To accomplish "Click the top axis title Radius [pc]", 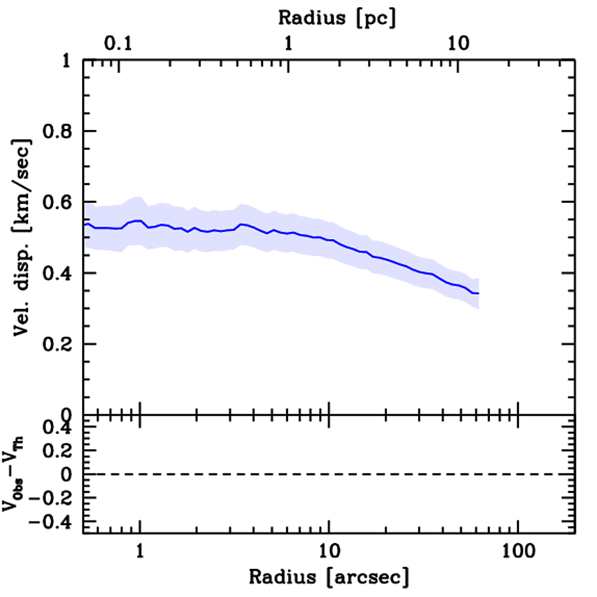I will pos(337,18).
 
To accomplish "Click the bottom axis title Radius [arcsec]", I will pos(329,577).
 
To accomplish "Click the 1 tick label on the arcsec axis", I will pos(140,550).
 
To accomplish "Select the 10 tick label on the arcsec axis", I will pos(329,550).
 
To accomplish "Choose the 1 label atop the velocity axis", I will pos(67,61).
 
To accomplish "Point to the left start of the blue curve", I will pos(85,224).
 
